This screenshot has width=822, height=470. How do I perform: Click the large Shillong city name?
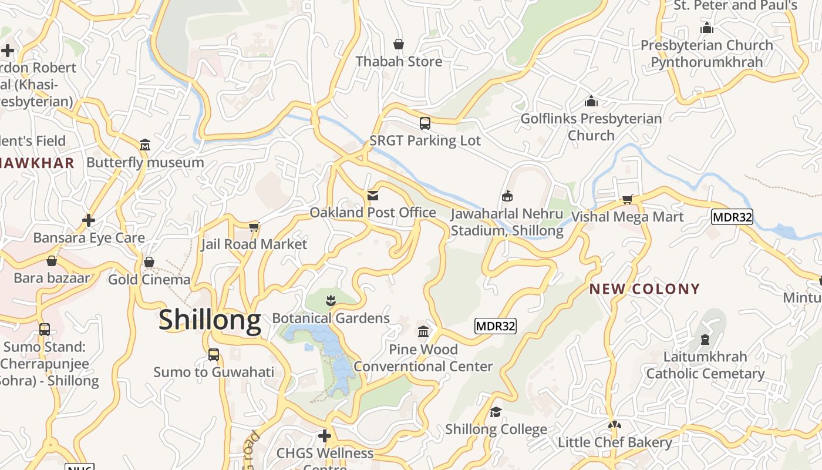click(210, 320)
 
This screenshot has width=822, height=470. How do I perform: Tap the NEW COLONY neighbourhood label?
click(645, 288)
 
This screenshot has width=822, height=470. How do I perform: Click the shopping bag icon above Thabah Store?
click(399, 44)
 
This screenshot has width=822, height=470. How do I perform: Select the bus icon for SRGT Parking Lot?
click(425, 123)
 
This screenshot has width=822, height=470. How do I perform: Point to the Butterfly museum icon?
click(145, 145)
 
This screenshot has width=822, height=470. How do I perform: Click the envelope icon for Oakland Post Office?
click(373, 195)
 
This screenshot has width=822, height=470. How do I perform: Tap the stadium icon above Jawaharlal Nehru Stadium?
click(507, 196)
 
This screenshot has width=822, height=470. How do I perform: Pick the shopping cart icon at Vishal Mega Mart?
click(627, 199)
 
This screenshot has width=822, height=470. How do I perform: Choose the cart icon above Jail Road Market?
click(254, 227)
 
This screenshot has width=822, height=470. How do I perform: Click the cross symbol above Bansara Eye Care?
click(89, 220)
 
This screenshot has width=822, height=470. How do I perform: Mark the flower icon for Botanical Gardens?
click(331, 301)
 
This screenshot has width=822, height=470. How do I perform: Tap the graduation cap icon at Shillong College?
click(496, 412)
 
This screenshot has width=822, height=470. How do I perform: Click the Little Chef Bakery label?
click(615, 442)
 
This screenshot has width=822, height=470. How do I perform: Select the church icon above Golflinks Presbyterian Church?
click(591, 101)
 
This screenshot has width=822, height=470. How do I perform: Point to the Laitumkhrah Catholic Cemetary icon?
click(705, 339)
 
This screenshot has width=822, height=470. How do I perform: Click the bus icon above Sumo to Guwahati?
click(214, 355)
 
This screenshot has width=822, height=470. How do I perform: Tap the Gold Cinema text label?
click(149, 280)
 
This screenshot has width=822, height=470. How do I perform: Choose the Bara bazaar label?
click(52, 278)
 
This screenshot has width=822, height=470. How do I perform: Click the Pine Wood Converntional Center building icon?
click(423, 332)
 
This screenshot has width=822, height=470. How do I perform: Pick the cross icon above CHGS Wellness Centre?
click(325, 436)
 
